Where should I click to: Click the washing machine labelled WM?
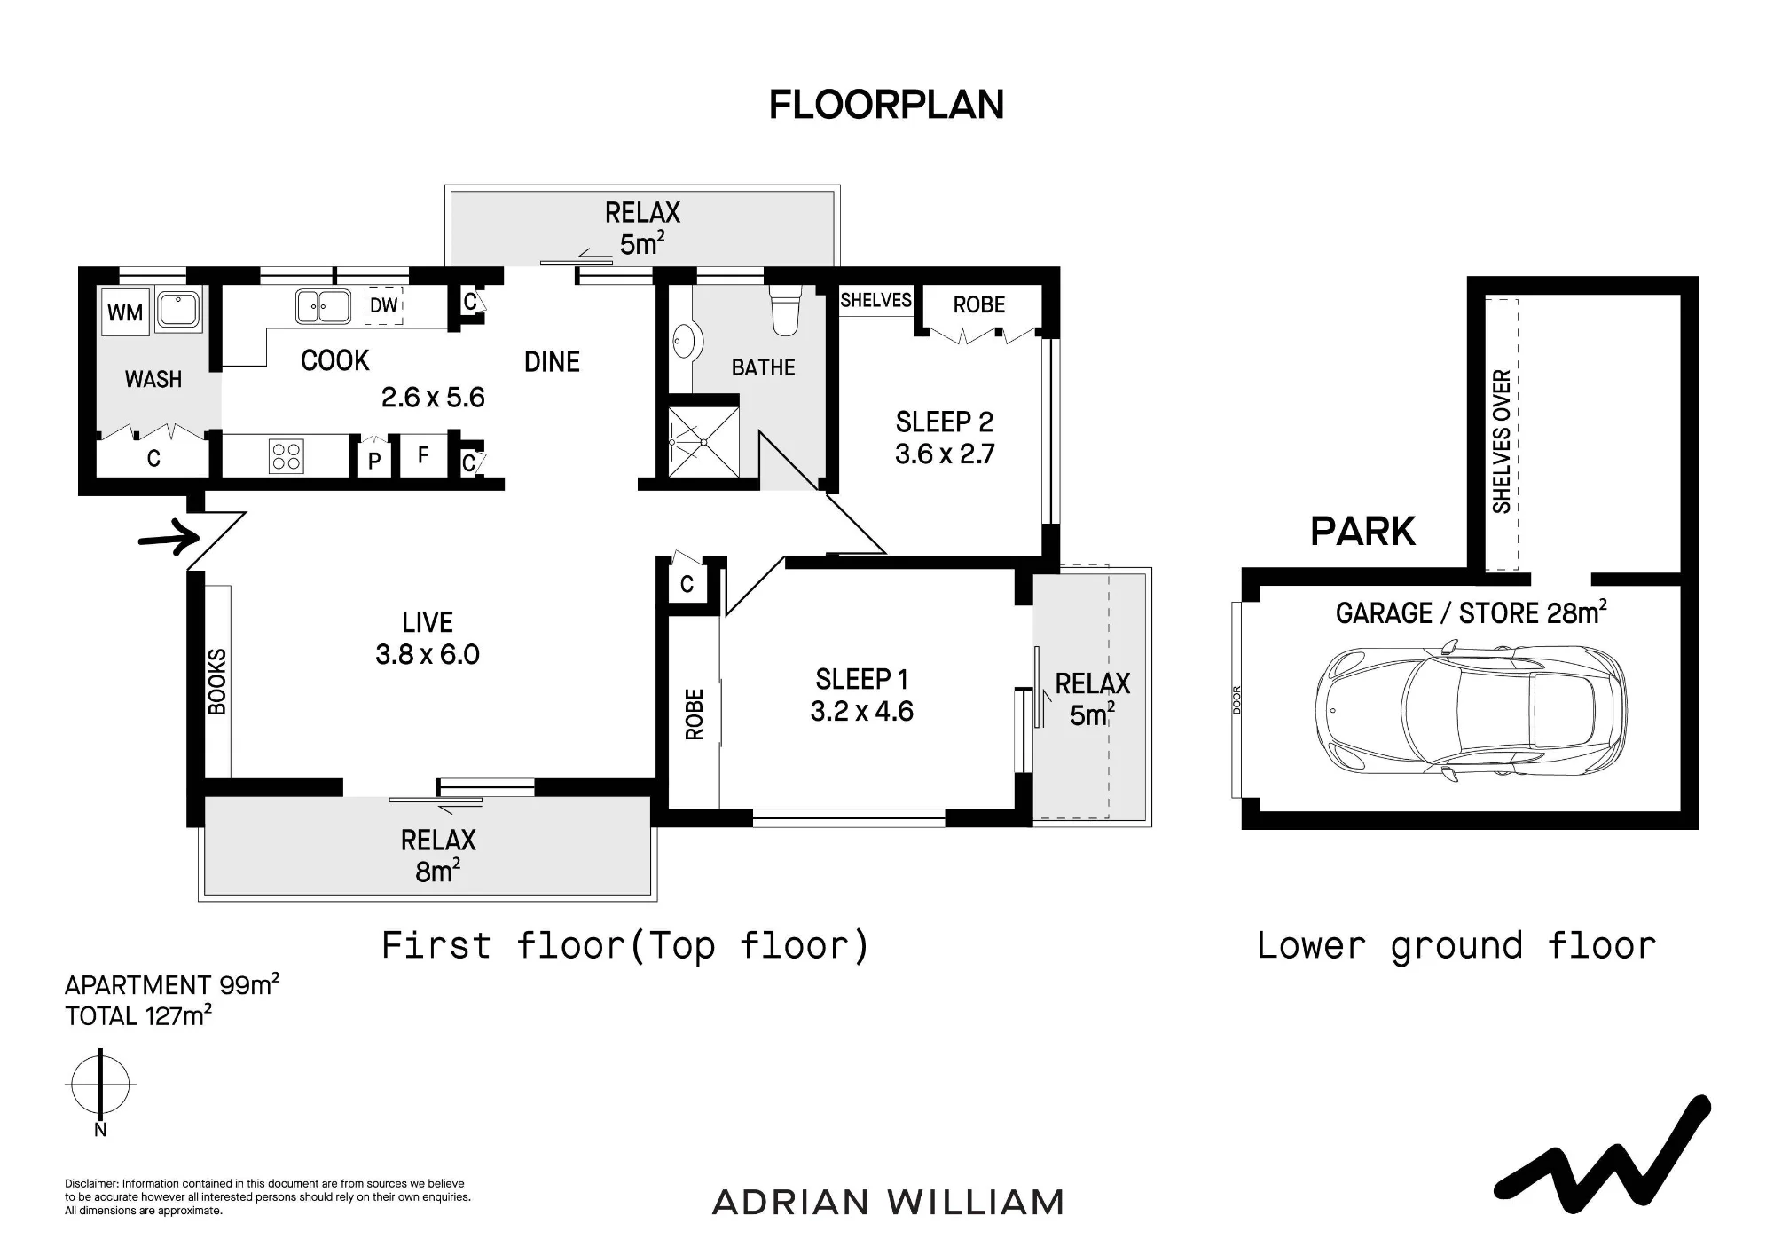[x=125, y=312]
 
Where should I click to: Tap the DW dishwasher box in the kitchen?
[x=384, y=305]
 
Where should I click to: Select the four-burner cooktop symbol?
[x=287, y=456]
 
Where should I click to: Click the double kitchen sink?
[x=323, y=307]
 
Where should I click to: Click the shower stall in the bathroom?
[x=703, y=441]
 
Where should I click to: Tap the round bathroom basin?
[x=687, y=340]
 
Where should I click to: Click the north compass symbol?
[x=100, y=1085]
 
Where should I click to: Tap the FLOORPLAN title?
[x=886, y=105]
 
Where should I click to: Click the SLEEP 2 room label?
[x=945, y=422]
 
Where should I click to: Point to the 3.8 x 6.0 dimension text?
[x=428, y=654]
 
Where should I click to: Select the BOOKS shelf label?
[x=217, y=682]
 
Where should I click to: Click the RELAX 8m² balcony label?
[x=438, y=856]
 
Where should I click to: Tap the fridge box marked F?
[x=423, y=455]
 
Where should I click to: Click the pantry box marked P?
[x=374, y=460]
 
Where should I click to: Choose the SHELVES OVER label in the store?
[x=1502, y=441]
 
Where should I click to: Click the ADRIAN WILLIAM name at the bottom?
[x=888, y=1203]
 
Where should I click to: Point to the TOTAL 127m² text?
[x=138, y=1015]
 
